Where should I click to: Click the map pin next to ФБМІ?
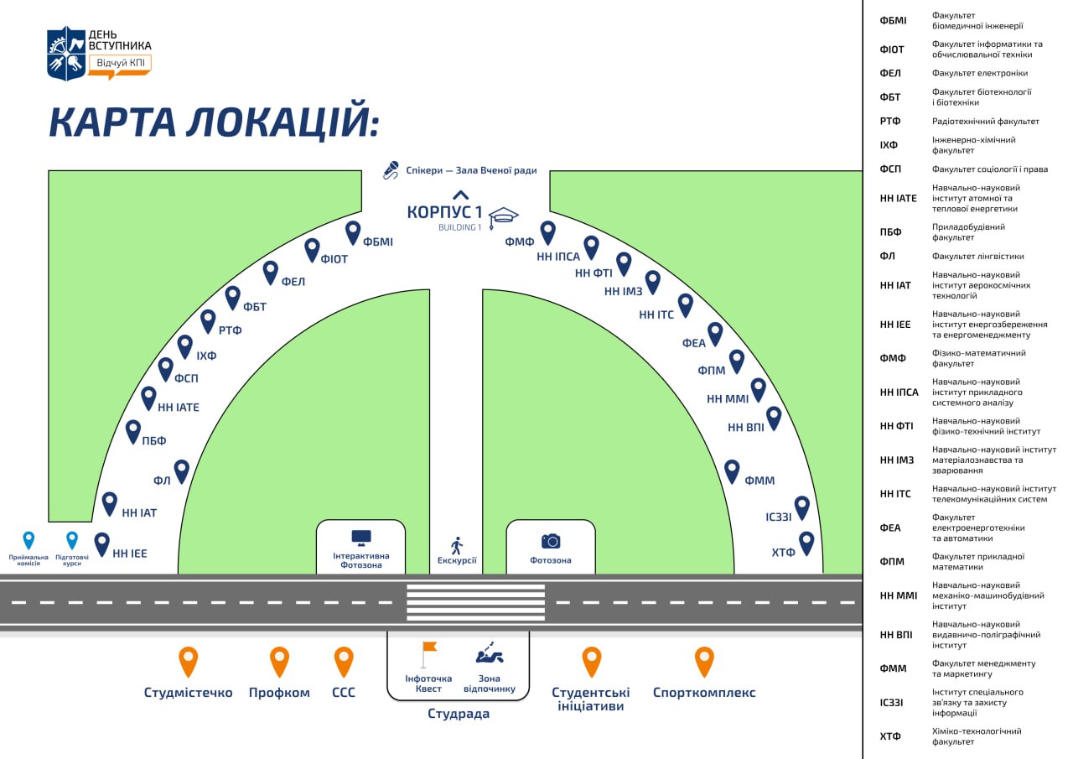pos(353,231)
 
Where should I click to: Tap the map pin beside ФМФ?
pos(547,231)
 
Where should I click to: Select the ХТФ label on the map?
pos(783,552)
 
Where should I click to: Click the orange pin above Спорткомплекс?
pos(704,661)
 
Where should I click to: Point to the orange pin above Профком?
pos(279,661)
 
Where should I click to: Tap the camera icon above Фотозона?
pos(551,541)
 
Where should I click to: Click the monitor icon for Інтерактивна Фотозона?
pos(360,538)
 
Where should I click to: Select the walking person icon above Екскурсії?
pos(457,545)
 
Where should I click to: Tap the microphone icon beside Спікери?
pos(391,170)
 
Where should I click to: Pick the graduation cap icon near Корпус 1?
pos(504,216)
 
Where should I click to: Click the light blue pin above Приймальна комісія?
pos(29,539)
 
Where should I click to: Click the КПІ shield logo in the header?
pos(66,53)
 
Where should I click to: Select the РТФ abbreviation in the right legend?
pos(889,122)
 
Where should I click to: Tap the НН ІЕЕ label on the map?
pos(129,554)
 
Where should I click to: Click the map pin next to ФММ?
pos(732,470)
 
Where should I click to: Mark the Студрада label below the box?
pos(458,715)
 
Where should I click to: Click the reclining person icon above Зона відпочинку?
pos(490,652)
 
